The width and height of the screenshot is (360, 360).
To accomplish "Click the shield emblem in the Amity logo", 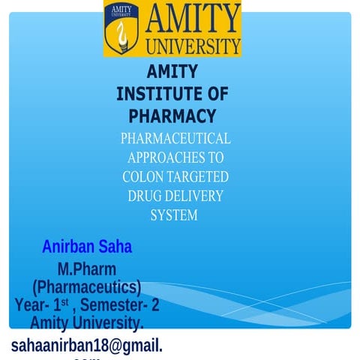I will point(120,28).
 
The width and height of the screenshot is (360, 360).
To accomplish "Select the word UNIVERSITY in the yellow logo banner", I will point(193,45).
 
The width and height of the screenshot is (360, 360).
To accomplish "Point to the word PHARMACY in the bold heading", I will point(172,116).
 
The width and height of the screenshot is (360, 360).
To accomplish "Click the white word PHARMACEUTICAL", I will point(175,139).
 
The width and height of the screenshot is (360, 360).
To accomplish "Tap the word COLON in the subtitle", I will point(143,178).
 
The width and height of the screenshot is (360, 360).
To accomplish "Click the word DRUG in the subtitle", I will point(146,196).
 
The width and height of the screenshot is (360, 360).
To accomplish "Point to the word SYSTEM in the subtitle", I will point(174,216).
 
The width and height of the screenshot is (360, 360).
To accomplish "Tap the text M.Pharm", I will point(87,269).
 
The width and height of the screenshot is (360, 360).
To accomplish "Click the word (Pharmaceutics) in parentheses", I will point(87,287).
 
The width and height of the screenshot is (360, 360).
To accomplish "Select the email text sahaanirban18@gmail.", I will point(87,344).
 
